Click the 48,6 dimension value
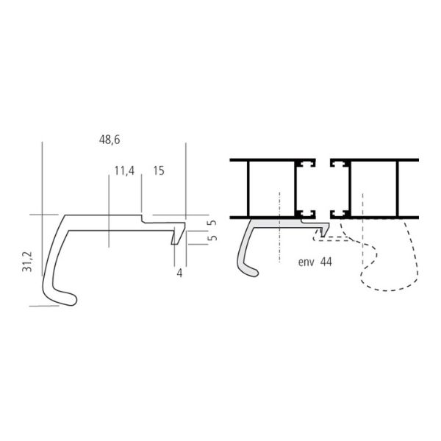pos(110,140)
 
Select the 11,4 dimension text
pos(124,171)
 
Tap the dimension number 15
pos(159,171)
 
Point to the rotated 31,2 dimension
pos(28,262)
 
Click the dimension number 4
pos(179,273)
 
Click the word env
pos(306,262)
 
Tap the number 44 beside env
pos(326,262)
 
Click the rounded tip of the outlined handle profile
pos(73,301)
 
